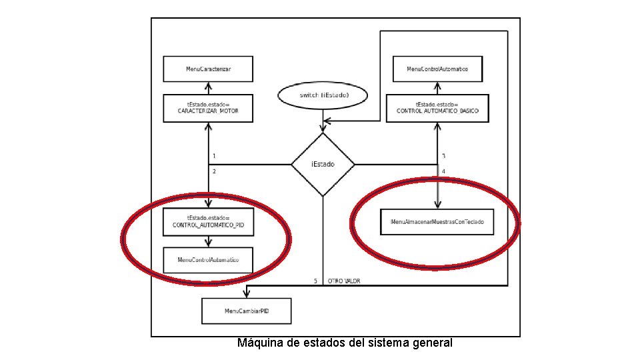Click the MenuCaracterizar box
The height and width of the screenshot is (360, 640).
tap(208, 69)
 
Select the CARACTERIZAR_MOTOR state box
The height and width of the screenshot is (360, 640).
tap(208, 108)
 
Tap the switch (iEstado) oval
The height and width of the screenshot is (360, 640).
tap(323, 95)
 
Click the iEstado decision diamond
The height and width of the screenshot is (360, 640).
tap(323, 164)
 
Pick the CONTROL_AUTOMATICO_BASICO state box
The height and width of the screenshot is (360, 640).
tap(437, 108)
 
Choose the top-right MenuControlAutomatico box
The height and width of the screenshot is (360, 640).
tap(437, 69)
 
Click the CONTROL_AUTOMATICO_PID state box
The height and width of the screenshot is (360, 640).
tap(208, 221)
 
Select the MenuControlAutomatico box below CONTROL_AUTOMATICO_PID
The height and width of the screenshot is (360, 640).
tap(208, 259)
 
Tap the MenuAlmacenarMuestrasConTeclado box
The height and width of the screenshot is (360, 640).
tap(437, 221)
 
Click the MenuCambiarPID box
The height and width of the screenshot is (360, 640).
tap(247, 311)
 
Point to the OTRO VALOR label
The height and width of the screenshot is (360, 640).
tap(344, 281)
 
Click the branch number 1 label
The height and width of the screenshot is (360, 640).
tap(214, 156)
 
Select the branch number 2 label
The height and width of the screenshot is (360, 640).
tap(214, 171)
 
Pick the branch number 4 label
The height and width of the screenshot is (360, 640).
tap(443, 171)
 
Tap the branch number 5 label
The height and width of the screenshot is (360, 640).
tap(316, 281)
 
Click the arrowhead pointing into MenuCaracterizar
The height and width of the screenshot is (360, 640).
tap(209, 86)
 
